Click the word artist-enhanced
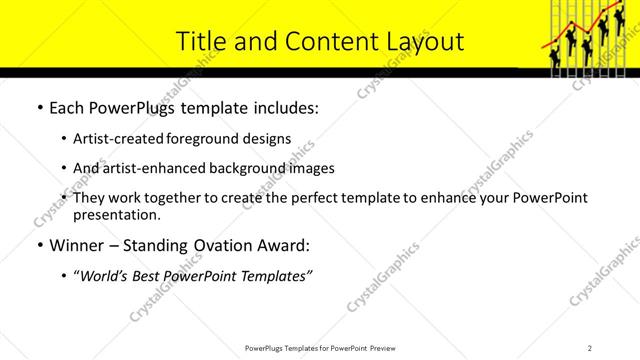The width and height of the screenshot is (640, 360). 151,168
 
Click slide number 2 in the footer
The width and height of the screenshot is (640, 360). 590,348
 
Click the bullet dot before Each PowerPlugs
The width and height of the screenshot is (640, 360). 39,108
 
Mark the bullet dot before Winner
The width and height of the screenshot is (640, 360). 39,245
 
